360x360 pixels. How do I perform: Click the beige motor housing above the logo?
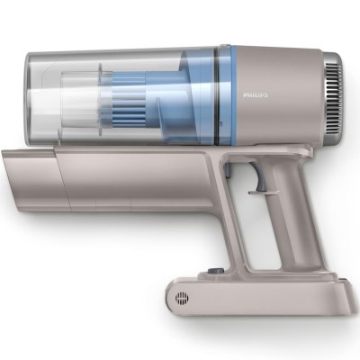point(270,63)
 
